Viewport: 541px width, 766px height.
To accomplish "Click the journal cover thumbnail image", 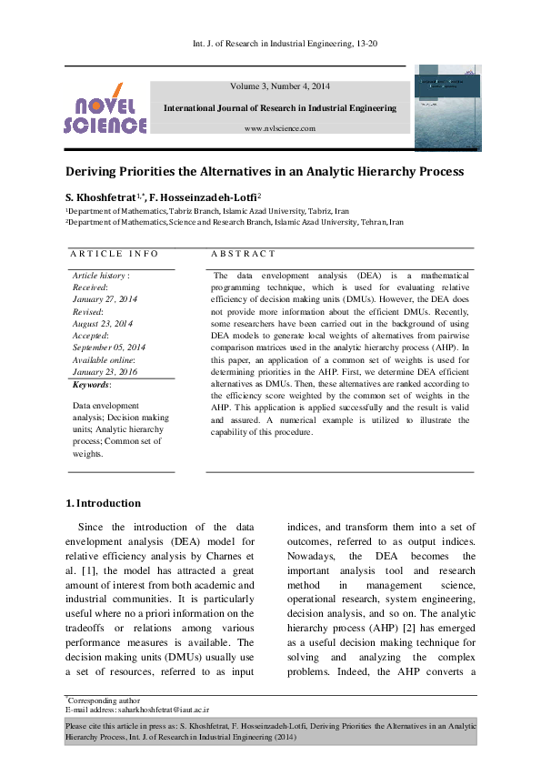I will click(x=446, y=106).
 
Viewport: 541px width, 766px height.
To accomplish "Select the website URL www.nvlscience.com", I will click(x=280, y=128).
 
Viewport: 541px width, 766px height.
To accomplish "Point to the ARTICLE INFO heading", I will click(x=115, y=254).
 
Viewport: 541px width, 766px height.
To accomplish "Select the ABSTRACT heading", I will click(x=243, y=254).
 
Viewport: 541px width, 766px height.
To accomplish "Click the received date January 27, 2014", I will click(x=105, y=298).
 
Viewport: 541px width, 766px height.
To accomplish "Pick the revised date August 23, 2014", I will click(x=103, y=323).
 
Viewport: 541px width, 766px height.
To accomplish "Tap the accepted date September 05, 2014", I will click(x=108, y=348).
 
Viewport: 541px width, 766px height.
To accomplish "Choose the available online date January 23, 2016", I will click(x=105, y=372).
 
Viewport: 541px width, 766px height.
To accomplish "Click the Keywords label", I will click(x=91, y=385).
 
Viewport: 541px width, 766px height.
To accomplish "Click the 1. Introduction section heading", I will click(x=104, y=503).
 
